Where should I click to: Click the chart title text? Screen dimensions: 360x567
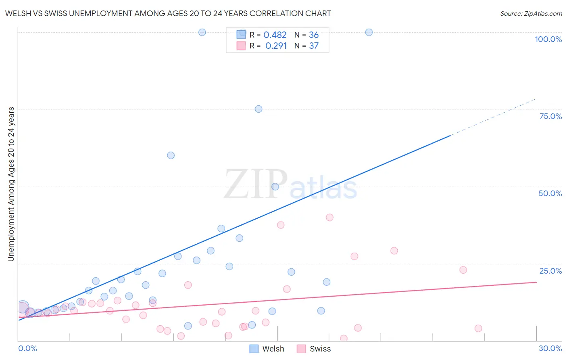point(168,13)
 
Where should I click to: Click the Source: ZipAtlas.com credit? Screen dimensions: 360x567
point(531,14)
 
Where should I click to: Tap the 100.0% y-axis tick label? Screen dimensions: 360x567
point(548,39)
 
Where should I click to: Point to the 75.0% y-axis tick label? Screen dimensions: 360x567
point(550,116)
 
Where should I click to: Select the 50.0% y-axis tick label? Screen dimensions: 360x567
point(550,193)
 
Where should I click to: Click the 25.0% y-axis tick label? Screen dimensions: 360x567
point(550,271)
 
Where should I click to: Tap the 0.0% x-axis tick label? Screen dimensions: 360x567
point(27,348)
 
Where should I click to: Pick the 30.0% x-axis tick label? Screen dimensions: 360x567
point(550,348)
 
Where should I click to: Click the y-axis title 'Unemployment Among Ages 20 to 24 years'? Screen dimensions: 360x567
point(11,184)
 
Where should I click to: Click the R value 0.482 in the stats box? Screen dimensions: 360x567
point(275,35)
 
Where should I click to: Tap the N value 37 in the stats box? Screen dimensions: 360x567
point(314,46)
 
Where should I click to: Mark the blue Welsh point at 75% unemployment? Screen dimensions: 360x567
point(258,109)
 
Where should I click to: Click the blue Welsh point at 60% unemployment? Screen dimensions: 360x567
point(171,155)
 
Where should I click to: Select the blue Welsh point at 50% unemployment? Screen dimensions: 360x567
point(275,186)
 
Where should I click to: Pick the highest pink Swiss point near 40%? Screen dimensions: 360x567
point(329,217)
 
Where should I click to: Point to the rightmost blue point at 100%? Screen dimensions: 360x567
point(369,32)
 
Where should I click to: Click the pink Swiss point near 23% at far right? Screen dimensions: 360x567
point(463,270)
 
